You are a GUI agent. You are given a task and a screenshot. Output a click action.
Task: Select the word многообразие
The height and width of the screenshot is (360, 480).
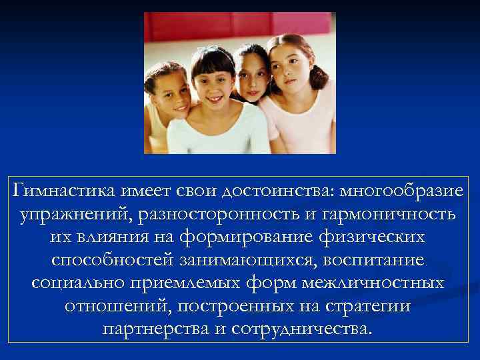click(x=401, y=192)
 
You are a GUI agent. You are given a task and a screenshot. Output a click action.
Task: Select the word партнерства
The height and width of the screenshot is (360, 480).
click(x=157, y=329)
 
